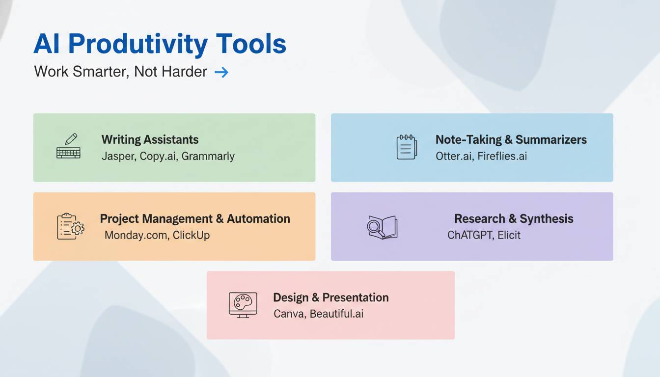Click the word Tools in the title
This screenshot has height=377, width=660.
point(251,44)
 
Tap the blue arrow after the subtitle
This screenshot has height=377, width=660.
point(221,72)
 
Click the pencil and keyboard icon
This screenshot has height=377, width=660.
point(68,146)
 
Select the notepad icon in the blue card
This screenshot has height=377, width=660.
point(407,147)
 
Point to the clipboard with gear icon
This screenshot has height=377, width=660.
point(70,226)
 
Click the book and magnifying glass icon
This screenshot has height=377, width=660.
point(382,227)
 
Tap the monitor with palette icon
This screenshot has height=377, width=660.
point(243,305)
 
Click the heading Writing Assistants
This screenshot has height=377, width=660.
point(150,139)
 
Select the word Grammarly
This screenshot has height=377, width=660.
point(208,156)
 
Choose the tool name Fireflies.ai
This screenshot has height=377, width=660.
point(502,156)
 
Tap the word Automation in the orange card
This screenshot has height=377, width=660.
point(258,219)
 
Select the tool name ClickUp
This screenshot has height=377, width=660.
point(191,235)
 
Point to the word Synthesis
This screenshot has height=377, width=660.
point(546,219)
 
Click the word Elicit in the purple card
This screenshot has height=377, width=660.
point(509,235)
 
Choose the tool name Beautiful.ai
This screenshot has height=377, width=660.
point(336,314)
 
